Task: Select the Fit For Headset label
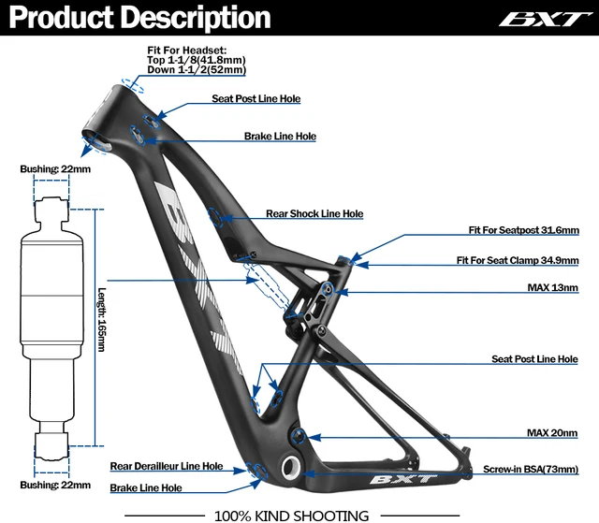[x=187, y=50]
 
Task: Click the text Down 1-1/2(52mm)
[x=197, y=69]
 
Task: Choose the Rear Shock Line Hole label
[x=314, y=213]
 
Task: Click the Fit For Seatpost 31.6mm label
[x=523, y=230]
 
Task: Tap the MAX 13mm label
[x=551, y=288]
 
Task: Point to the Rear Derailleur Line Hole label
[x=166, y=466]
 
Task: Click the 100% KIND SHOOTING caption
[x=291, y=515]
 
